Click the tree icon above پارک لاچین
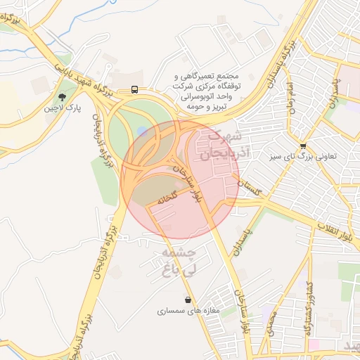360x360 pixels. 63,97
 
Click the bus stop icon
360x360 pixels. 134,90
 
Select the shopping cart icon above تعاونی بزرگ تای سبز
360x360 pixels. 303,146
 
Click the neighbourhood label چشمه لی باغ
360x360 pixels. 179,260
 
